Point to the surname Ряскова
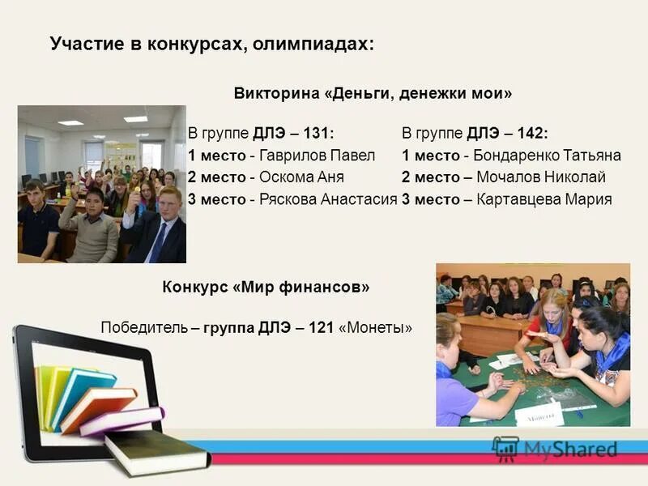(289, 199)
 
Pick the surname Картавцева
(518, 199)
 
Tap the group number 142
(531, 134)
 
